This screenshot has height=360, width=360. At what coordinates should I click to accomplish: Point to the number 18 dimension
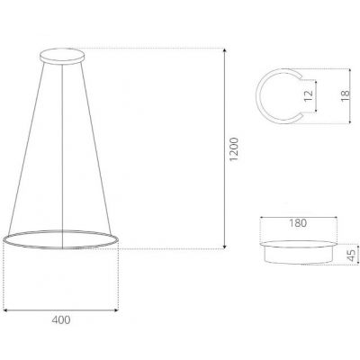(346, 95)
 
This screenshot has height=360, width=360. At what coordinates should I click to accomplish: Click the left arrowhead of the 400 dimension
(7, 310)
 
